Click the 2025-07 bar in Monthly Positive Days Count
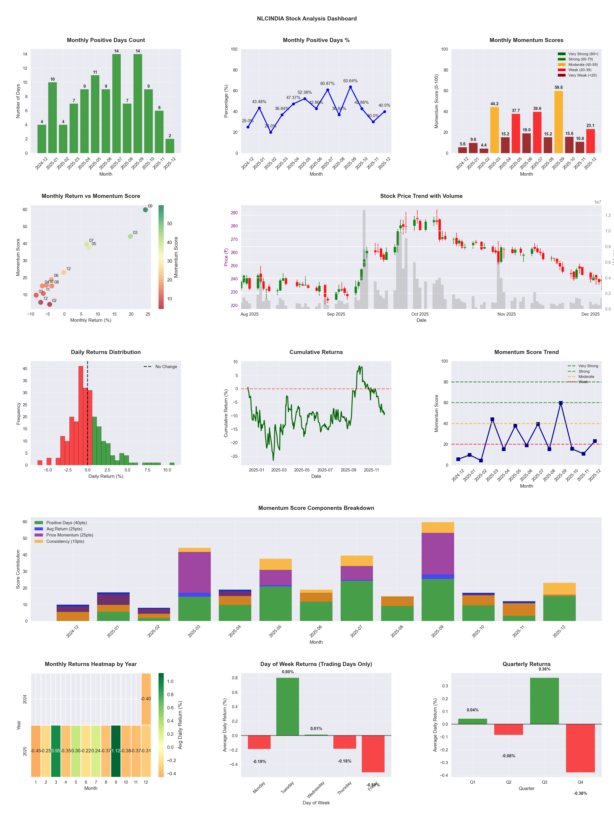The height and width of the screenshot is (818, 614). point(116,104)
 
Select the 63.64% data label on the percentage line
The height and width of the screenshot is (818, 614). point(350,81)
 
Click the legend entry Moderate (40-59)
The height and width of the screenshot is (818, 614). point(583,64)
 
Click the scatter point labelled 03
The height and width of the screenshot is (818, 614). point(130,236)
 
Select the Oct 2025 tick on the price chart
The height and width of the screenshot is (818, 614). point(420,314)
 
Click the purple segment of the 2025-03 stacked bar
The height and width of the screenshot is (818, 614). point(194,572)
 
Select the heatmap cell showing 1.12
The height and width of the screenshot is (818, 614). point(116,751)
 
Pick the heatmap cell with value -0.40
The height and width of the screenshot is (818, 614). point(146,698)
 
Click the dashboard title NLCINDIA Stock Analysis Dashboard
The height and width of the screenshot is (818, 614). point(307,18)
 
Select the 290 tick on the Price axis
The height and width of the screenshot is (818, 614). point(234,213)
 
